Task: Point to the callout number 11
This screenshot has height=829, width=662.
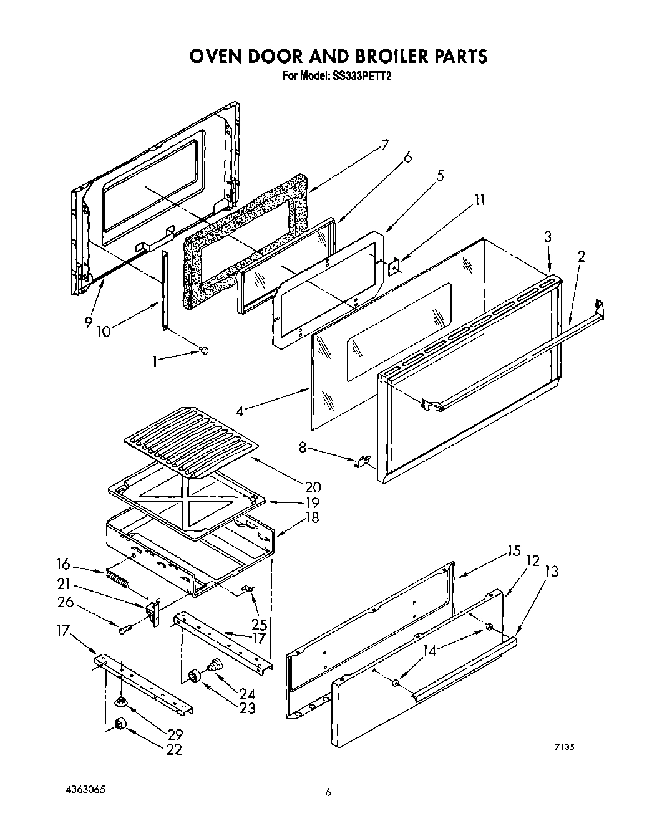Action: (x=479, y=200)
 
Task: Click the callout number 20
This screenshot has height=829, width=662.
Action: (x=313, y=487)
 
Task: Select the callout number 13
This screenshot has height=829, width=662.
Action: (x=551, y=572)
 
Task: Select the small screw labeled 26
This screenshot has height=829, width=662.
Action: (x=123, y=630)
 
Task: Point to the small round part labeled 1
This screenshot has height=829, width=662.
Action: (x=203, y=352)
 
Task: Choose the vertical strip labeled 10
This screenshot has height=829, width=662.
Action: (x=165, y=290)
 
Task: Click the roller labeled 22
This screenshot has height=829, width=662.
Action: (x=120, y=724)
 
